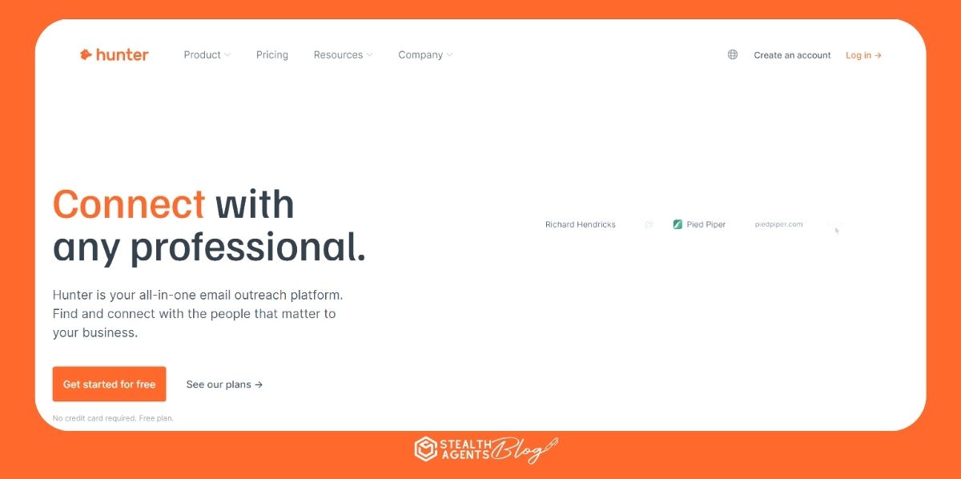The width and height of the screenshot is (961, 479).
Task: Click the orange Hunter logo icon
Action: coord(86,54)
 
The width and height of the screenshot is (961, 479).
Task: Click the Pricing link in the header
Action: coord(272,54)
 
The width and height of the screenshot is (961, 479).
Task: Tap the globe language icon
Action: coord(732,54)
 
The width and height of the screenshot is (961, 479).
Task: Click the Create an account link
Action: coord(792,55)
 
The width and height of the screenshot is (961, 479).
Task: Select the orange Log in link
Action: coord(863,55)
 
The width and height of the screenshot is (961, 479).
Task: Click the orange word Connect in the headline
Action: coord(129,204)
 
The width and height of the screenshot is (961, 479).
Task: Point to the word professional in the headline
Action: coord(248,247)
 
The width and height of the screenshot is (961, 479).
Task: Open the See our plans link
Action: coord(224,384)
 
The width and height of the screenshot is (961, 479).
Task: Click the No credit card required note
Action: coord(113,418)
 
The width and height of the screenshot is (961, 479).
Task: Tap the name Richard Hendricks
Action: coord(581,224)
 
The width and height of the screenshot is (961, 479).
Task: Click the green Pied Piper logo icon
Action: coord(678,224)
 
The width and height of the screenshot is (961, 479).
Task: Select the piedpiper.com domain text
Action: coord(778,224)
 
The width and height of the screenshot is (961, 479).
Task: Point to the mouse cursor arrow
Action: coord(837,231)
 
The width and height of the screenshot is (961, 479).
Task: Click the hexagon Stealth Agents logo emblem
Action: coord(424,449)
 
